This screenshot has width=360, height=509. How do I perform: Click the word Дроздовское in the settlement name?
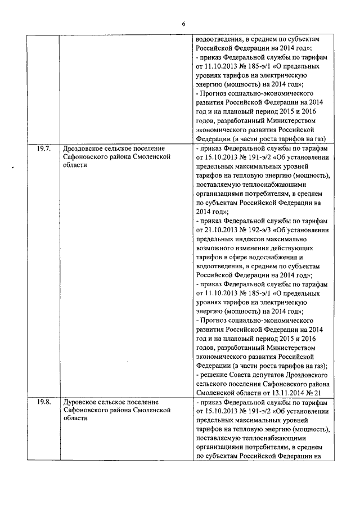pos(85,149)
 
